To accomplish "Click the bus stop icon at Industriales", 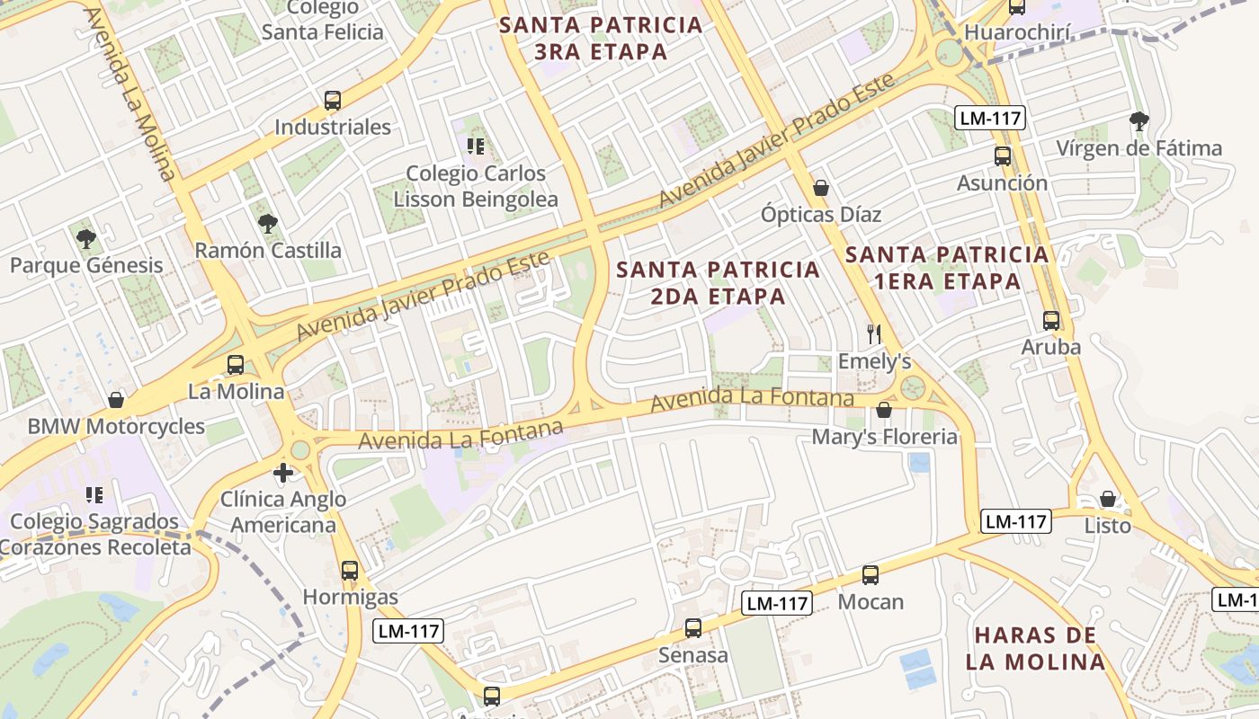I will click(x=333, y=101).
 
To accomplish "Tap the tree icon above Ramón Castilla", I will click(x=266, y=223).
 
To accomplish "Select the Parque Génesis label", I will click(x=86, y=265).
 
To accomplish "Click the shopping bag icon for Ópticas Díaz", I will click(x=820, y=188).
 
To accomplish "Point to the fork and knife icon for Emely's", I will click(x=873, y=334).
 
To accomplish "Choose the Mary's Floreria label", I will click(x=884, y=437).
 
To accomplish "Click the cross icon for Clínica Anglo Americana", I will click(x=283, y=472).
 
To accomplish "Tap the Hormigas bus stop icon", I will click(x=350, y=570).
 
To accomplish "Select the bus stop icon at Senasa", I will click(x=692, y=628).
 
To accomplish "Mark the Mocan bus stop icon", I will click(x=870, y=575).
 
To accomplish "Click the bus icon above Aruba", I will click(x=1050, y=320).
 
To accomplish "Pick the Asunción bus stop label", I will click(x=1002, y=183).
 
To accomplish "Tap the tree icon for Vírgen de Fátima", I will click(x=1138, y=120).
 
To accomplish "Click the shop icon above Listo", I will click(x=1108, y=499).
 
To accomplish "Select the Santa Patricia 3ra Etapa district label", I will click(x=601, y=38).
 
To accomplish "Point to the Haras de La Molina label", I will click(x=1035, y=648).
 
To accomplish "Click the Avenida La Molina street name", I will click(x=131, y=94).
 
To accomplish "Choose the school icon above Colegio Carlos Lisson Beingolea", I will click(x=475, y=146).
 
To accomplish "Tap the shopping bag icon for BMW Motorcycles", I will click(x=115, y=400).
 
